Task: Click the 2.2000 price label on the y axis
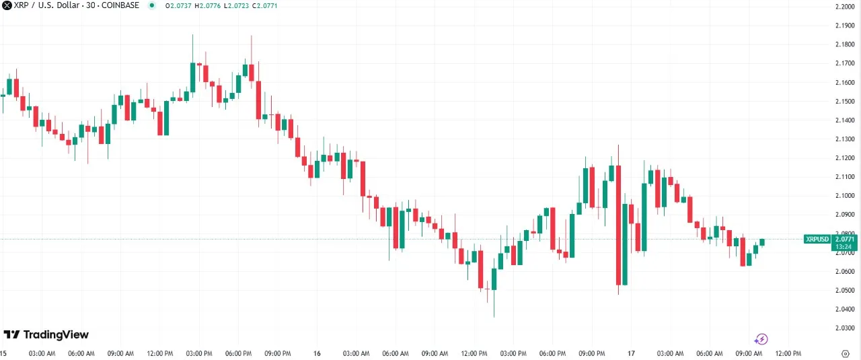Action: click(844, 7)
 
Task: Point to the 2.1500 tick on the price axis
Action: click(844, 102)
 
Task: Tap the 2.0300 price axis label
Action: click(844, 328)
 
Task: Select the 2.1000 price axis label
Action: click(844, 196)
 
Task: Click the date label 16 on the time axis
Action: click(317, 353)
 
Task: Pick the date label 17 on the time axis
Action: click(631, 353)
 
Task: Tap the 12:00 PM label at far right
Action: click(788, 353)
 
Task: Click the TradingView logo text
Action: click(56, 335)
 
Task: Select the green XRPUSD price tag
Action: click(818, 239)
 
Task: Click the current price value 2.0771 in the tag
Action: click(844, 239)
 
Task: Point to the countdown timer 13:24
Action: click(844, 246)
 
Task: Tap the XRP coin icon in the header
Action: click(7, 5)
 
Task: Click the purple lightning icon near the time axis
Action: click(761, 339)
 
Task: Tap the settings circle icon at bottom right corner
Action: click(845, 353)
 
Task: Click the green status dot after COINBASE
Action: click(151, 5)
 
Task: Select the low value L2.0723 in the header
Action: click(235, 5)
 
